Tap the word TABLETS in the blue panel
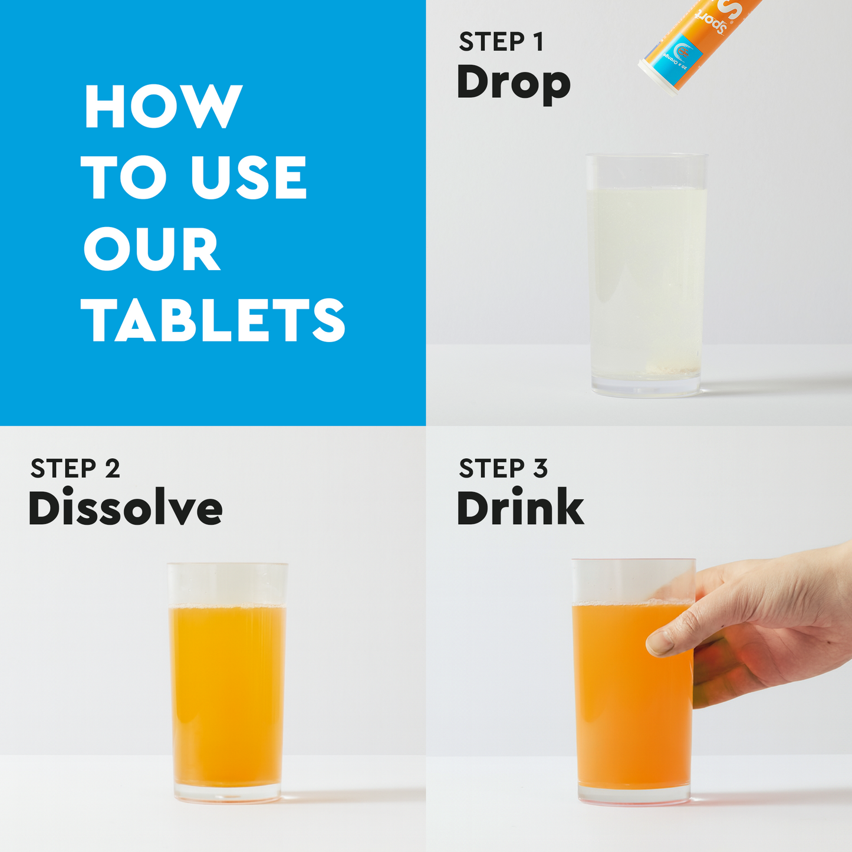213,320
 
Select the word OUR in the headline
152,249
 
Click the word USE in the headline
248,177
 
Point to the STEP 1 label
501,42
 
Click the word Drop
513,83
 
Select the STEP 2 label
75,469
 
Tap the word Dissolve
125,508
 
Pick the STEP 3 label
503,469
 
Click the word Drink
520,508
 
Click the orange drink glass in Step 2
227,690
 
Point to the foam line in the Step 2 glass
227,606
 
